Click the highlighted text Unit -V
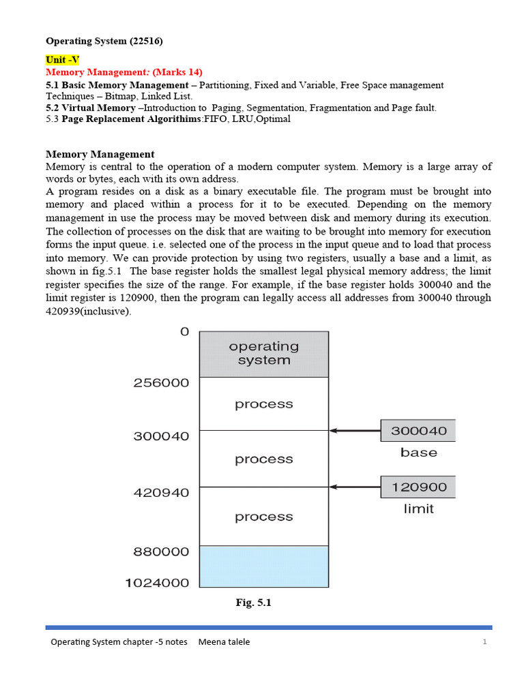(62, 60)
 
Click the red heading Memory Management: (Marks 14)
(123, 72)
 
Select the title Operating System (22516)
(104, 42)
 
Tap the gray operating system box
(263, 354)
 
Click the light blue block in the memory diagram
(263, 566)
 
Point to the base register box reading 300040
(418, 431)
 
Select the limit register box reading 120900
(418, 487)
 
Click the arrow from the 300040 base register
(354, 431)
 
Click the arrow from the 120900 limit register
(354, 487)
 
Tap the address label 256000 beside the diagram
(160, 383)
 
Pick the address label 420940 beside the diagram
(160, 492)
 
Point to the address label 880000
(160, 552)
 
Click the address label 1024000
(156, 583)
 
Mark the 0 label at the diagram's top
(184, 332)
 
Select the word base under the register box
(418, 453)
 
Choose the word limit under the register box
(418, 509)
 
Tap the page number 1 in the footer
(484, 642)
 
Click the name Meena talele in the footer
(224, 642)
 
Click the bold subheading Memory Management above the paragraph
(100, 154)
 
